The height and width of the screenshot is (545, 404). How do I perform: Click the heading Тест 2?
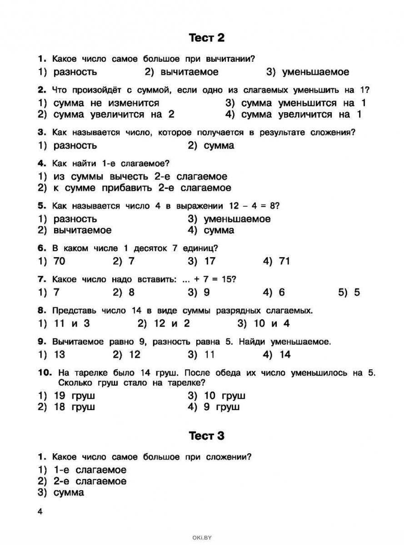coord(207,38)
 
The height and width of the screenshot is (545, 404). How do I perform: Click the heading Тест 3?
coord(207,436)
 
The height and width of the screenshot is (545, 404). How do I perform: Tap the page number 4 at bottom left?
coord(40,511)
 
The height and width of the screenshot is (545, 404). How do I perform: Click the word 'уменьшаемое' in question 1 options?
coord(315,72)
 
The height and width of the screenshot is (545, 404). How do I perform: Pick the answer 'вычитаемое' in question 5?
coord(82,230)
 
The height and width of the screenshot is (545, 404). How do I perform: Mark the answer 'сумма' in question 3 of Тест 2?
coord(219,146)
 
